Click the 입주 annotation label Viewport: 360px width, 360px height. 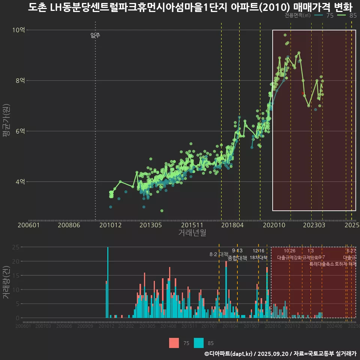pos(95,36)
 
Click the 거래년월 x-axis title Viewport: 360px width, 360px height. pos(192,233)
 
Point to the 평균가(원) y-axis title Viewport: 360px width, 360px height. pos(6,122)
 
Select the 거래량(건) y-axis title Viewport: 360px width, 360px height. pos(6,282)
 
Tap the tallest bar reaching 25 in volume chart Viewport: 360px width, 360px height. pos(108,282)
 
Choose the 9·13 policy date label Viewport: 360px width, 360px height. pos(237,250)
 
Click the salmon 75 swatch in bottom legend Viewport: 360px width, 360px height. pos(174,343)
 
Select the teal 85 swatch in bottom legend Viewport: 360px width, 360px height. pos(199,343)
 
